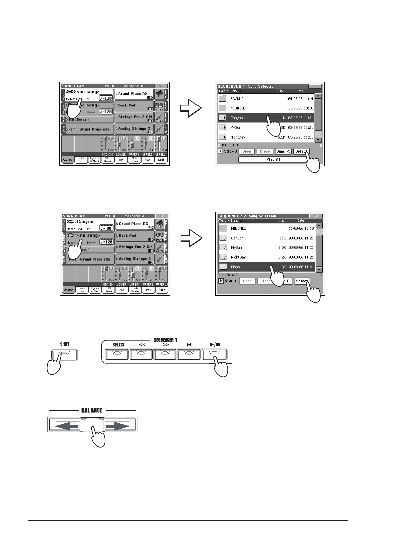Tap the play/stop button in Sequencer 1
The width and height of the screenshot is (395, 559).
pos(214,354)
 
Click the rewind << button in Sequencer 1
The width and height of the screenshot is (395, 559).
pos(141,354)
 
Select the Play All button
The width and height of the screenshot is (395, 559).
pos(274,160)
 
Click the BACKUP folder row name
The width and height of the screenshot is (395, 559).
pos(237,99)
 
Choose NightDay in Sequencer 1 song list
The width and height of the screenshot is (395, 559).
pos(238,137)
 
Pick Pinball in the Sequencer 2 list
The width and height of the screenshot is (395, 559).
pos(236,267)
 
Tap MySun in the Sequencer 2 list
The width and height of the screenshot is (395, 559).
pos(236,248)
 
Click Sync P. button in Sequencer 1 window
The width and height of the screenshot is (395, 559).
pos(283,152)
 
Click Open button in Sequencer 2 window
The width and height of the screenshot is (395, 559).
pos(247,281)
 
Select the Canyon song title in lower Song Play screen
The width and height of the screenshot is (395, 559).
pos(85,222)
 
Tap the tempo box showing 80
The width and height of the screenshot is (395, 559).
pos(106,228)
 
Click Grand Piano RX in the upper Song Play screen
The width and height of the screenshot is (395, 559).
pos(133,94)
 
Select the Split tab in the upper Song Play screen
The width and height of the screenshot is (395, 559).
pos(161,160)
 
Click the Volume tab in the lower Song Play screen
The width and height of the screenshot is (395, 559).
pos(69,290)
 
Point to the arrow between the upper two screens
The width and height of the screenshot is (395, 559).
pos(191,108)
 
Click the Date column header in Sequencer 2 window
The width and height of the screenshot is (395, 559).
pos(300,221)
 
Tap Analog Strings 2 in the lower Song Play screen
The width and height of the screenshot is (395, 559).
pos(135,259)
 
